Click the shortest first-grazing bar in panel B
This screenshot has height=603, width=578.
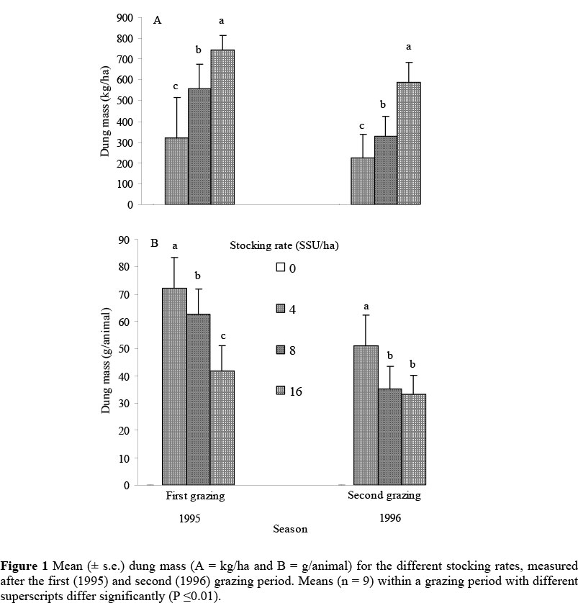coord(222,427)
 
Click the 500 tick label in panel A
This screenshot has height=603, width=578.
coord(125,101)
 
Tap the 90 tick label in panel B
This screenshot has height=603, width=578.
coord(124,240)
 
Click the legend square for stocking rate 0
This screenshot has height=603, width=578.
coord(281,268)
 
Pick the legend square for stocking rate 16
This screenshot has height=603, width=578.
coord(281,390)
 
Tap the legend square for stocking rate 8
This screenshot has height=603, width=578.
coord(281,349)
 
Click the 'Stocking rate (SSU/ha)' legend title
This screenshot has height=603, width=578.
coord(284,245)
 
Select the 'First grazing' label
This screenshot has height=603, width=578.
coord(195,496)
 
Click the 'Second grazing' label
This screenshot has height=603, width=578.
coord(384,496)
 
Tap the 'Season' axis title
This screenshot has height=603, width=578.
coord(289,529)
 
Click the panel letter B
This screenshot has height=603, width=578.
coord(154,242)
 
